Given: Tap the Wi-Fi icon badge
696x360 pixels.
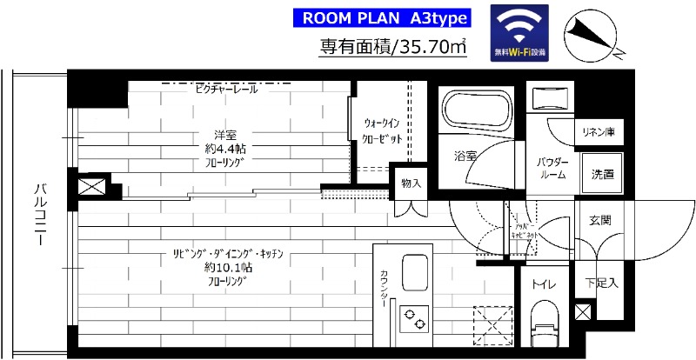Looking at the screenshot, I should click(x=519, y=34).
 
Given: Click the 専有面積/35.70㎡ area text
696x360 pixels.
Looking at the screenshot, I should click(x=393, y=47).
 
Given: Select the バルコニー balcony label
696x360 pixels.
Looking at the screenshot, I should click(x=40, y=214).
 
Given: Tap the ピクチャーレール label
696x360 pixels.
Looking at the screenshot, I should click(x=226, y=89).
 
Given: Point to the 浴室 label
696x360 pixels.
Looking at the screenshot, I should click(x=465, y=157).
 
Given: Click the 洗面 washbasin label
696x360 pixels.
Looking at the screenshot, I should click(x=602, y=174).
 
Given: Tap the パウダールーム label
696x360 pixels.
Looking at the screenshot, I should click(x=552, y=168).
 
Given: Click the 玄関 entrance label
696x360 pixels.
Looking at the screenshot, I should click(x=599, y=220).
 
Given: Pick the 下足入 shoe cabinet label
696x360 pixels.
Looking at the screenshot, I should click(x=601, y=283).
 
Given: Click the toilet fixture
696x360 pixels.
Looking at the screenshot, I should click(x=545, y=322).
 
